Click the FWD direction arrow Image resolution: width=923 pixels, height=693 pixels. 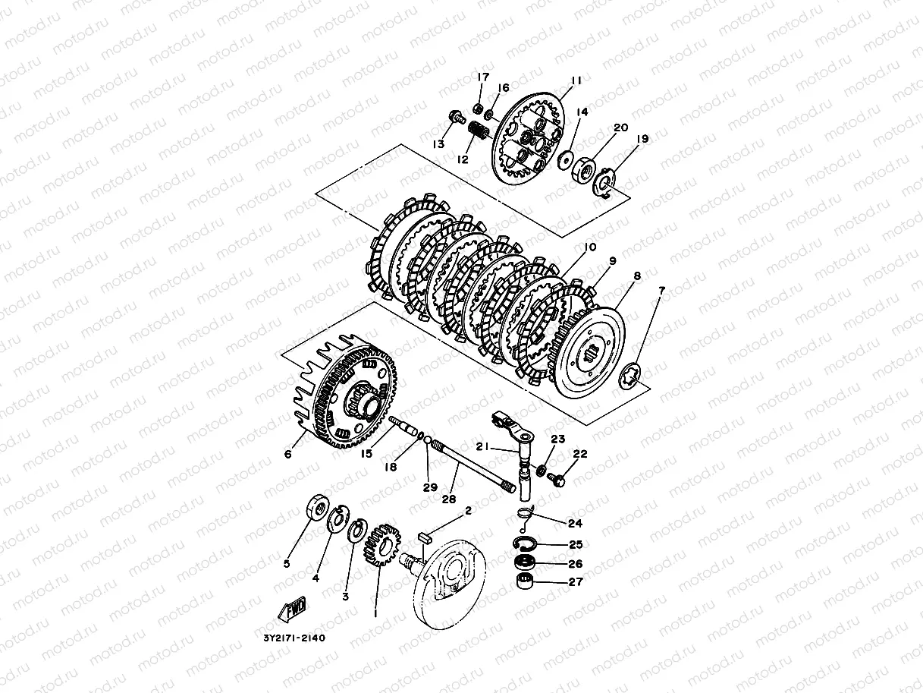click(x=292, y=610)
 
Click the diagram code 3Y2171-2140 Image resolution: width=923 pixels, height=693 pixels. click(x=294, y=638)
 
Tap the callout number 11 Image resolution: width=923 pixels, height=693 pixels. click(x=576, y=80)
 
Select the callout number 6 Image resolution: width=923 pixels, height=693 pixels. click(x=287, y=454)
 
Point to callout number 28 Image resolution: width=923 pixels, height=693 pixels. click(x=449, y=499)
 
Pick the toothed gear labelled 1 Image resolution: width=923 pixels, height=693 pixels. click(x=381, y=545)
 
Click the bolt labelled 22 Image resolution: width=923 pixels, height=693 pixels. click(x=556, y=479)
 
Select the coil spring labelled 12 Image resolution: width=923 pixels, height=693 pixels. click(x=478, y=130)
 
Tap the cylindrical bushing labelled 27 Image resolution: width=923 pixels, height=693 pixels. click(x=524, y=581)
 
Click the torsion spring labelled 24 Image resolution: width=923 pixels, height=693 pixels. click(x=525, y=517)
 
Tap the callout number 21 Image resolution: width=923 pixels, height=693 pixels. click(x=482, y=446)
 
